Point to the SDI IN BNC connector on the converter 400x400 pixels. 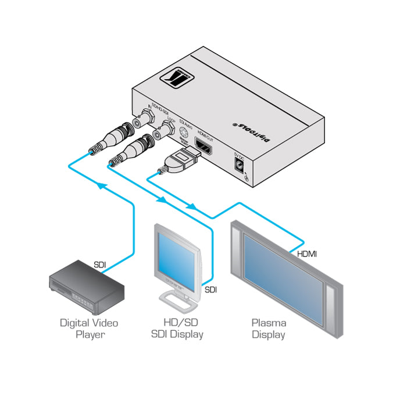pyautogui.click(x=142, y=121)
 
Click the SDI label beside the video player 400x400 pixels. pyautogui.click(x=100, y=265)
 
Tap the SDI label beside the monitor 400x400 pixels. pyautogui.click(x=210, y=289)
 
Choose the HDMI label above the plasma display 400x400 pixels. pyautogui.click(x=306, y=254)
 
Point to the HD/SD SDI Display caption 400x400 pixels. pyautogui.click(x=177, y=328)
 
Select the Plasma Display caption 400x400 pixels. pyautogui.click(x=268, y=328)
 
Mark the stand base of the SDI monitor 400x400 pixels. pyautogui.click(x=178, y=302)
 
